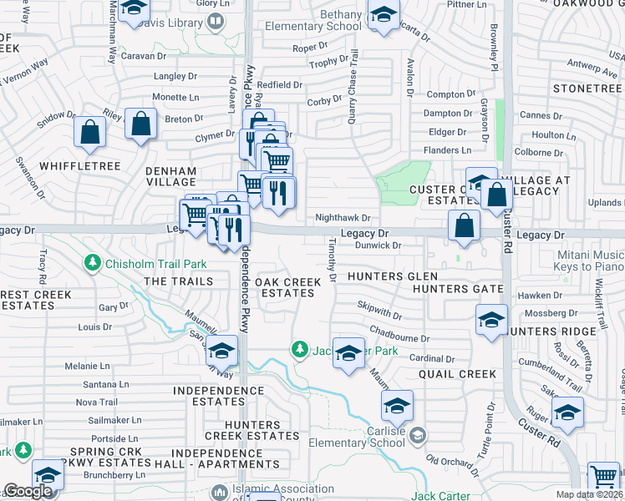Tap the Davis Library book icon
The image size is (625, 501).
216,21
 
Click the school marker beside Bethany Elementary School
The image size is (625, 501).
384,15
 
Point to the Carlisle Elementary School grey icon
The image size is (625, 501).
417,434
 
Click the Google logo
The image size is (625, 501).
28,491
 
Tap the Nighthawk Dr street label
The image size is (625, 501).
343,217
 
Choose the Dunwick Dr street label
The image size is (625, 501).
379,245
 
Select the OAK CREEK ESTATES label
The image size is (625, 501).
288,288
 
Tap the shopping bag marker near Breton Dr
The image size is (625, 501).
141,124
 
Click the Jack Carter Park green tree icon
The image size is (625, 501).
298,348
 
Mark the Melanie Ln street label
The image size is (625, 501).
88,366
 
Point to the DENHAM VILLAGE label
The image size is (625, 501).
170,177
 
